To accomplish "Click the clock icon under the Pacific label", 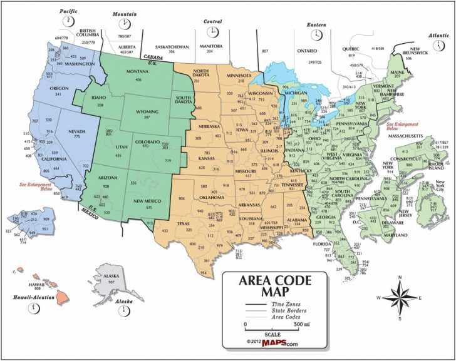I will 67,22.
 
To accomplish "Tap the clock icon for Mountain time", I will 123,24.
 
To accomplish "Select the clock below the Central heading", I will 214,33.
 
